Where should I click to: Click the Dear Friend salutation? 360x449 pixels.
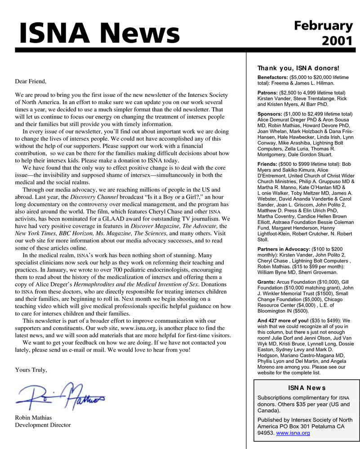tap(31, 81)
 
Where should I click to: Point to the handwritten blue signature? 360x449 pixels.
tap(61, 395)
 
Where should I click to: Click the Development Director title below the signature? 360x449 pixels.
tap(43, 425)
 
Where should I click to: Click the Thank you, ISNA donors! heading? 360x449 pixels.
tap(298, 68)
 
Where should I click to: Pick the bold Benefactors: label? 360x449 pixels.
tap(273, 77)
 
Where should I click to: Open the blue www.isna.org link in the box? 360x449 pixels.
tap(293, 433)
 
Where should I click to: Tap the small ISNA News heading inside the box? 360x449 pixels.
tap(307, 387)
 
